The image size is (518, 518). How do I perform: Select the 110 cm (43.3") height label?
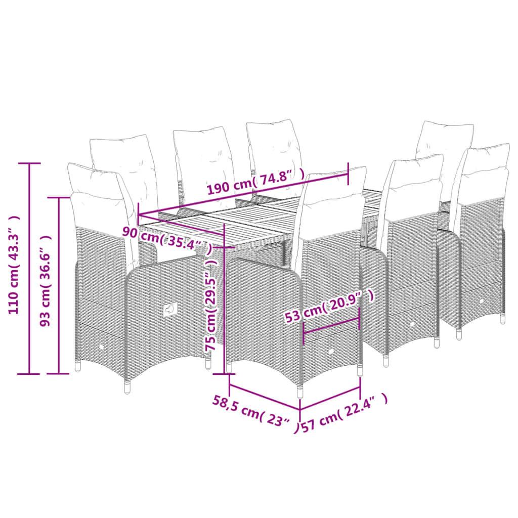point(15,265)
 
